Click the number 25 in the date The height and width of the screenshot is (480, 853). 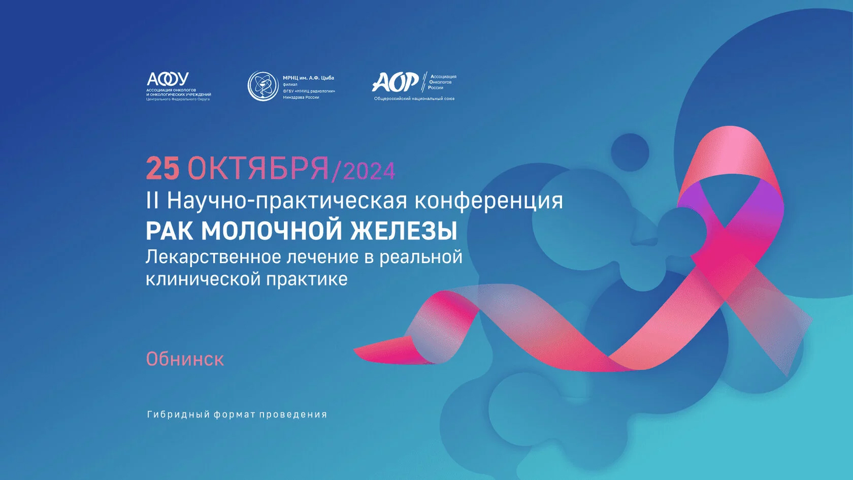(x=162, y=168)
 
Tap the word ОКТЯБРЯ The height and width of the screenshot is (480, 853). (x=258, y=168)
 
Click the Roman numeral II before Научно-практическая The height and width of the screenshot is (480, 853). (x=152, y=201)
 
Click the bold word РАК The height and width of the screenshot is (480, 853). (x=170, y=231)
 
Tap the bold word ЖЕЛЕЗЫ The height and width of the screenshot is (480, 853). (x=404, y=231)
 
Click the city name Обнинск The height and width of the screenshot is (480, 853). (x=185, y=359)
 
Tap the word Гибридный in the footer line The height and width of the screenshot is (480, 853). (x=178, y=414)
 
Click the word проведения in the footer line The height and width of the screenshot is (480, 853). (x=293, y=414)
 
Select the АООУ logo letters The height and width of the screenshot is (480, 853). (x=168, y=79)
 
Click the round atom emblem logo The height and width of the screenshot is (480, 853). (x=263, y=86)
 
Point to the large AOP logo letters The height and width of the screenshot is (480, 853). (x=395, y=82)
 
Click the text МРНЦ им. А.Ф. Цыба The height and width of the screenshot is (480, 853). (x=309, y=78)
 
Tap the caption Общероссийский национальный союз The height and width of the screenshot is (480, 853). (x=414, y=99)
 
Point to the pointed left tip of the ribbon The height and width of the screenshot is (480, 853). (x=355, y=349)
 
